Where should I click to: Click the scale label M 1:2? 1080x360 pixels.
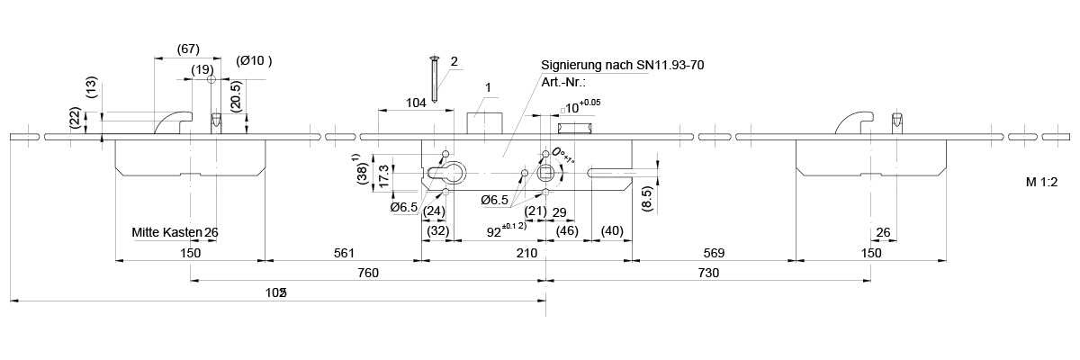coord(1041,181)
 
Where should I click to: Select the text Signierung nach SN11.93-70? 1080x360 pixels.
coord(622,66)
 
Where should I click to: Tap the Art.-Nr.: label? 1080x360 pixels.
coord(563,81)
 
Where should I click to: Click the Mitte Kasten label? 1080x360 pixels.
coord(166,232)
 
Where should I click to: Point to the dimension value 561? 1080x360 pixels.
coord(343,254)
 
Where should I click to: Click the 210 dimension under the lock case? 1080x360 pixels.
coord(526,254)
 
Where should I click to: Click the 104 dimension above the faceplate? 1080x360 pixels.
coord(415,103)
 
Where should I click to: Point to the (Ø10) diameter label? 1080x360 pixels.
coord(254,61)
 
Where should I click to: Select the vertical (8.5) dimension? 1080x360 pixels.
coord(647,197)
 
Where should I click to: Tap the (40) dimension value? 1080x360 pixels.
coord(612,231)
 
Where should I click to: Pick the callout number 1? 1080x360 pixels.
coord(487,87)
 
